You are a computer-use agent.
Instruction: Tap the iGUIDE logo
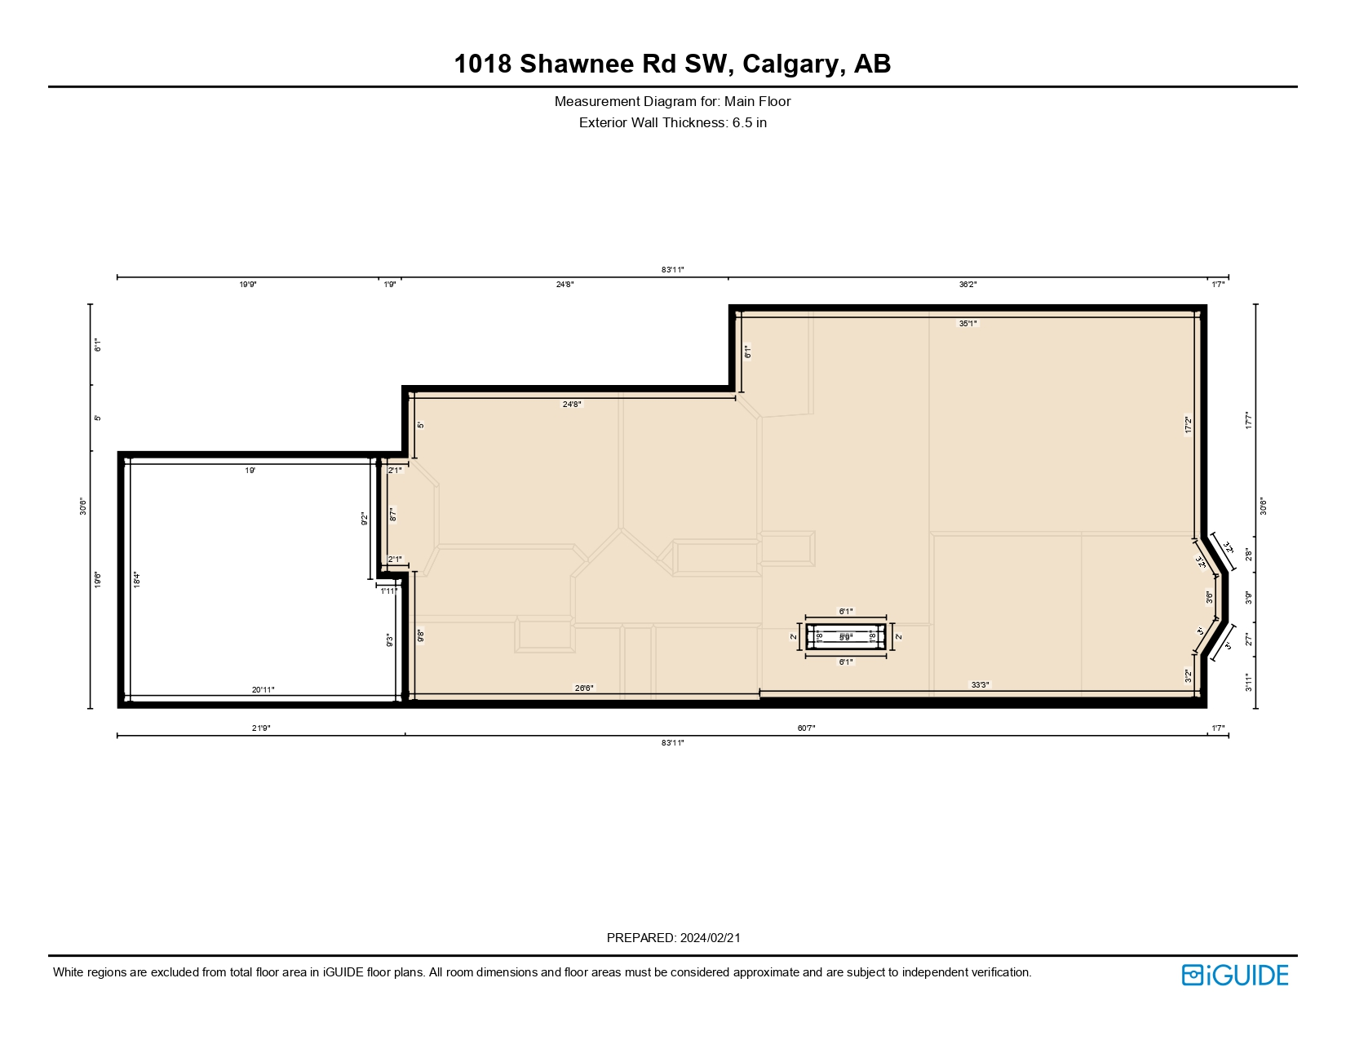click(x=1234, y=975)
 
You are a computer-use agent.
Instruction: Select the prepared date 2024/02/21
click(x=710, y=938)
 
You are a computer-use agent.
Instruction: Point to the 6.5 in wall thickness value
click(x=749, y=123)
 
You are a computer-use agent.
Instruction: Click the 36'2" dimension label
click(x=967, y=285)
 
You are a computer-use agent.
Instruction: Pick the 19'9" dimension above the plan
click(x=248, y=285)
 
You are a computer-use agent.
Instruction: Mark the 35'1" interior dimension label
click(x=967, y=324)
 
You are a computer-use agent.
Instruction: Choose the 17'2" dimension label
click(x=1189, y=426)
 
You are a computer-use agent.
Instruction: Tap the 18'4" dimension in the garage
click(x=138, y=580)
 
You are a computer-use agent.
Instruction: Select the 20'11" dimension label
click(x=263, y=690)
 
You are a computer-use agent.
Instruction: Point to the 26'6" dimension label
click(x=584, y=688)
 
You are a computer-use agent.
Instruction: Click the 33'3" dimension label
click(x=980, y=685)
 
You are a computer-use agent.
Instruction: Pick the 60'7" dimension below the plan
click(x=806, y=728)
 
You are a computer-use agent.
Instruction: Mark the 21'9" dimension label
click(x=261, y=728)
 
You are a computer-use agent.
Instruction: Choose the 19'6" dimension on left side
click(x=98, y=580)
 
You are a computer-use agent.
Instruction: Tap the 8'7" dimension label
click(x=392, y=515)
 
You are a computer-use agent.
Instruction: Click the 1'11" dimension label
click(x=389, y=591)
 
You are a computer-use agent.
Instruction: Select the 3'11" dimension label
click(x=1248, y=683)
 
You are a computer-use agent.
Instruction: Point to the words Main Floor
click(x=757, y=102)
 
